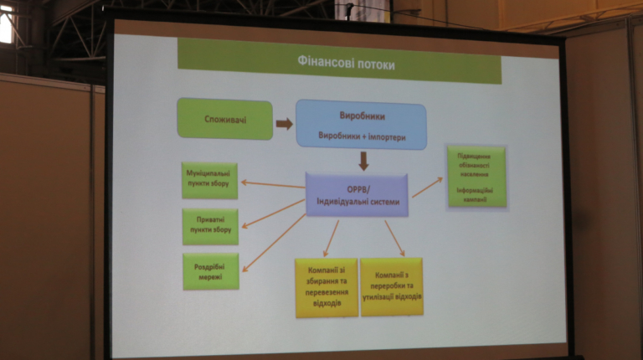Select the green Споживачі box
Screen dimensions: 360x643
225,120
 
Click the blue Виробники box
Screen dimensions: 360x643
362,124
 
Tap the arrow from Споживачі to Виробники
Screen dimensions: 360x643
285,124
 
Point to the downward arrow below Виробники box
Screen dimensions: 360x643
363,161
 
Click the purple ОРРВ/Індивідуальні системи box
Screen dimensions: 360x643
358,195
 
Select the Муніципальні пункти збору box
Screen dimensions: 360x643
210,181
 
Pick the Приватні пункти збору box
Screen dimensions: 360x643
211,226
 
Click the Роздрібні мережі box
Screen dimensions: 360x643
211,271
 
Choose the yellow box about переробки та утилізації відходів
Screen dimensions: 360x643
392,286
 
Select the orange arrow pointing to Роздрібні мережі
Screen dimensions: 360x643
273,243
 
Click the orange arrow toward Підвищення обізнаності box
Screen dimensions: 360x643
426,188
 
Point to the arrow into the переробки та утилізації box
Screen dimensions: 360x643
394,237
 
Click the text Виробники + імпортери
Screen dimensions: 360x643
361,135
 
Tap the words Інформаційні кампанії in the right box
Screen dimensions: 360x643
476,195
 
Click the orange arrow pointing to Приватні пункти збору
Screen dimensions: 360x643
275,213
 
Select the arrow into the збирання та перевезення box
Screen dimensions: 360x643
331,237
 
